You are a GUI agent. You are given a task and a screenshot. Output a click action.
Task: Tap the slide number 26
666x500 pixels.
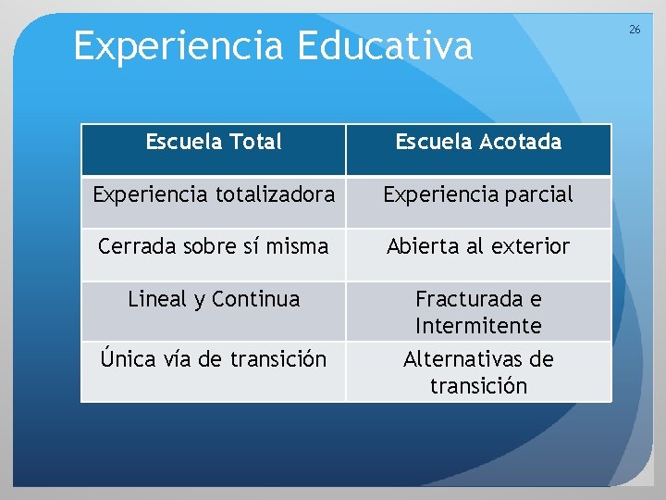(635, 30)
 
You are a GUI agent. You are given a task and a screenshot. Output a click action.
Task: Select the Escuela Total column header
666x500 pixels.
(214, 142)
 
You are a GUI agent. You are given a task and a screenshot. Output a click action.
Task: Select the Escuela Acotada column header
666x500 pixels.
(478, 142)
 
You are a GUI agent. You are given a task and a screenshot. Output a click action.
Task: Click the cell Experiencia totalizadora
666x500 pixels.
(214, 194)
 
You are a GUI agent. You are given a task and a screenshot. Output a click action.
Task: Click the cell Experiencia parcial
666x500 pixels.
(478, 194)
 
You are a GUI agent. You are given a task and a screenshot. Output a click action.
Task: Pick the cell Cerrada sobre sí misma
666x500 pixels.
(214, 246)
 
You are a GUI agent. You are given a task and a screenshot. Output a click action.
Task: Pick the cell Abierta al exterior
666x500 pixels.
(478, 246)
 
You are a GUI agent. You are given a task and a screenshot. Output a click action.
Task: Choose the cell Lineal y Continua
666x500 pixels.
(214, 299)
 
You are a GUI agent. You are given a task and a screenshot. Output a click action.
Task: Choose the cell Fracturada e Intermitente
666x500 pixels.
(478, 312)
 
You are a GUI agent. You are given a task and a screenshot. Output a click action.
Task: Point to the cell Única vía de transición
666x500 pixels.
(214, 359)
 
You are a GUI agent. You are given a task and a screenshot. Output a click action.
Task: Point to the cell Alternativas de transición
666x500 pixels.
(478, 372)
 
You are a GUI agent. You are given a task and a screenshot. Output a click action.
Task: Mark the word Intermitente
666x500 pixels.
(478, 326)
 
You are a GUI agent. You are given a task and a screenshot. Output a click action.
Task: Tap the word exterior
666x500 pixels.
(530, 246)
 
